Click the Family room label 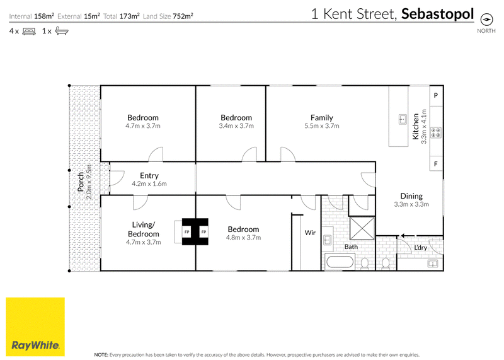pyautogui.click(x=321, y=117)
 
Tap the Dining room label pyautogui.click(x=411, y=196)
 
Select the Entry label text pyautogui.click(x=149, y=176)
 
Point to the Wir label pyautogui.click(x=310, y=233)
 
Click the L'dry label pyautogui.click(x=420, y=247)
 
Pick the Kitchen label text pyautogui.click(x=416, y=127)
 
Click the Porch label pyautogui.click(x=81, y=182)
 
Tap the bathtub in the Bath pyautogui.click(x=340, y=262)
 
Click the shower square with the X pyautogui.click(x=362, y=228)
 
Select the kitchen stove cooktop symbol pyautogui.click(x=436, y=132)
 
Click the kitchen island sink pyautogui.click(x=403, y=119)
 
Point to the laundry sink pyautogui.click(x=433, y=264)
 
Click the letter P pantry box pyautogui.click(x=436, y=96)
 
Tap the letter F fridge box pyautogui.click(x=436, y=164)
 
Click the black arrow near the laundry pyautogui.click(x=407, y=236)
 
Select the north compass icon pyautogui.click(x=486, y=20)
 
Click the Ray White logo pyautogui.click(x=35, y=327)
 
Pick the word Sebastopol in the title pyautogui.click(x=437, y=14)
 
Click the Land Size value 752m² pyautogui.click(x=183, y=16)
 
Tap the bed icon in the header pyautogui.click(x=29, y=31)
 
